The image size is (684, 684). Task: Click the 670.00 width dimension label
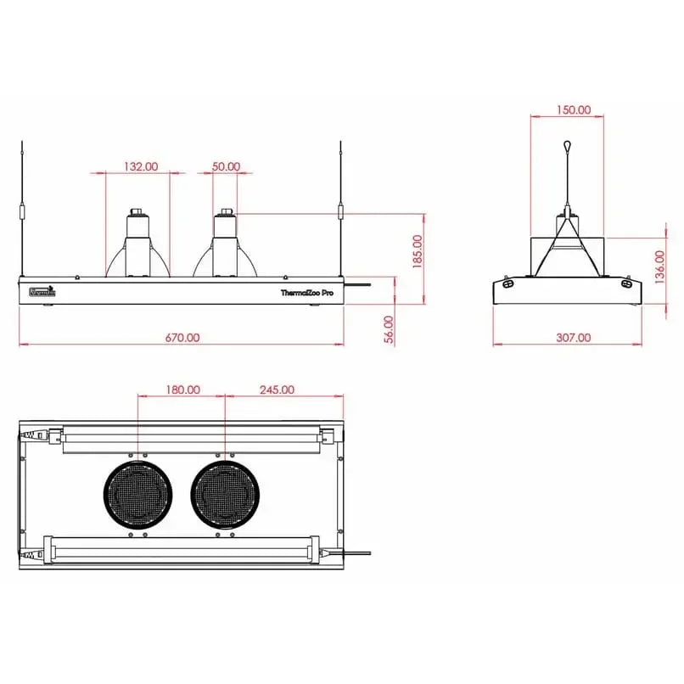pyautogui.click(x=182, y=337)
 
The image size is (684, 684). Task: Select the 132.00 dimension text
pyautogui.click(x=141, y=167)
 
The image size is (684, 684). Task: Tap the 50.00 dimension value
pyautogui.click(x=226, y=167)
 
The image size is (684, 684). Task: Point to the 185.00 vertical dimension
pyautogui.click(x=417, y=252)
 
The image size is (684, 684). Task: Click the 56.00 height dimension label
pyautogui.click(x=389, y=328)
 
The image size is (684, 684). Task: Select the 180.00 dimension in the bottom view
pyautogui.click(x=182, y=390)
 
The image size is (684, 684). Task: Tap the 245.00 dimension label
pyautogui.click(x=277, y=390)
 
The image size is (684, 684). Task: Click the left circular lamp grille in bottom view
pyautogui.click(x=138, y=495)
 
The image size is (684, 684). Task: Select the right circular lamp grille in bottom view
pyautogui.click(x=225, y=495)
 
